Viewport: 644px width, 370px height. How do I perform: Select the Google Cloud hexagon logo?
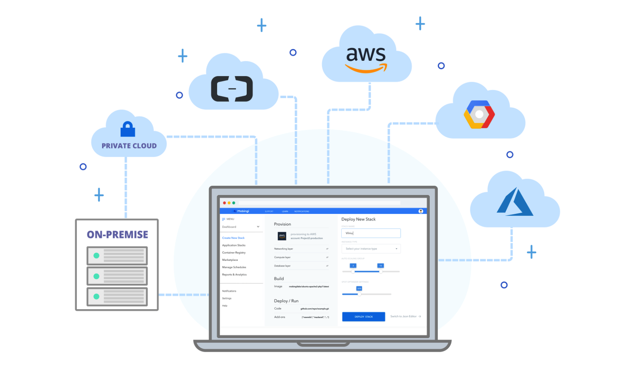coord(479,115)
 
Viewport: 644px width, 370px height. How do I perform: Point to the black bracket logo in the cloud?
coord(232,89)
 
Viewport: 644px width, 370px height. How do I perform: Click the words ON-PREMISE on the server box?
coord(117,234)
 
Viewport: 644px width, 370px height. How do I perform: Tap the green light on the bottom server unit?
coord(96,296)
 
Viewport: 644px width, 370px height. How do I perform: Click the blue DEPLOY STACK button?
coord(363,316)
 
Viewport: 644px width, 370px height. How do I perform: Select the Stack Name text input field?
coord(371,233)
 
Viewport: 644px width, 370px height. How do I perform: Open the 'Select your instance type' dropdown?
coord(371,248)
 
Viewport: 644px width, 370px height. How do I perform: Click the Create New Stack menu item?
coord(233,238)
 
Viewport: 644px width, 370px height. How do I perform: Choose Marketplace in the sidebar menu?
coord(230,260)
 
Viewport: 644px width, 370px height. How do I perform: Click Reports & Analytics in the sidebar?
coord(234,275)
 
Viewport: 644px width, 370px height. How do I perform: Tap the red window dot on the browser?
coord(225,203)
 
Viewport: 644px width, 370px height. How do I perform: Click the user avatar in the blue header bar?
coord(421,211)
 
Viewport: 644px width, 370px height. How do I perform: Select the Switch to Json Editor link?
coord(405,316)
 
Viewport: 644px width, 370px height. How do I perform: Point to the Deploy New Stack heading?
coord(358,219)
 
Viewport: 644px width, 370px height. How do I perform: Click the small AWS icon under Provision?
coord(282,236)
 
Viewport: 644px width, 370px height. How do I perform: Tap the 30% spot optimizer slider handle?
coord(359,294)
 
